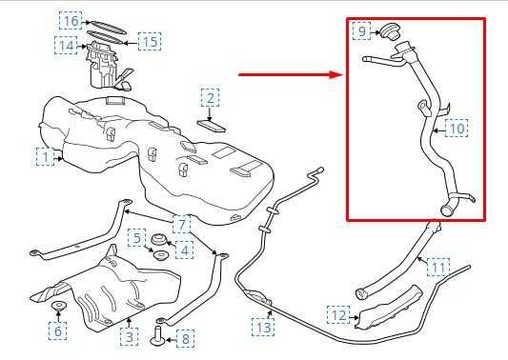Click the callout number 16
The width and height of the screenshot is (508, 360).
click(71, 21)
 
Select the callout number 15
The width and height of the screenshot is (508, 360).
click(150, 42)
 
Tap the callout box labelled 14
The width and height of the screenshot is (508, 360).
click(67, 46)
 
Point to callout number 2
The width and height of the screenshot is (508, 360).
click(210, 98)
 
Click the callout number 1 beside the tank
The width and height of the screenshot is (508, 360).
click(46, 157)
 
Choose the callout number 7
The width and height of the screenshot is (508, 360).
click(181, 224)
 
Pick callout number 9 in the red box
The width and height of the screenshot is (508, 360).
click(361, 31)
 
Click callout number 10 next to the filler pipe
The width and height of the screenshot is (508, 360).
click(457, 129)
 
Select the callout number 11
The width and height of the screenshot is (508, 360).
click(438, 267)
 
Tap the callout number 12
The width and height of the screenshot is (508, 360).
click(338, 314)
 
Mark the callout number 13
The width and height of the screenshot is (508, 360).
click(263, 327)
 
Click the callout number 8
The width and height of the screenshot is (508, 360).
click(186, 339)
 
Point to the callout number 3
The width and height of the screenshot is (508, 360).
click(130, 337)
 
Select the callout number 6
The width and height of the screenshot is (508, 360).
click(58, 330)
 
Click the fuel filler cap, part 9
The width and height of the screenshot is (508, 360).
click(391, 31)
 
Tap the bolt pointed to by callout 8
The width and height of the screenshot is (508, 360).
click(158, 335)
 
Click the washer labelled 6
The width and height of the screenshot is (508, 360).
click(59, 305)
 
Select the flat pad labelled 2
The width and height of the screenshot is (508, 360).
click(212, 126)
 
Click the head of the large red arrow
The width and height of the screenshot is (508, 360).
click(336, 74)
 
